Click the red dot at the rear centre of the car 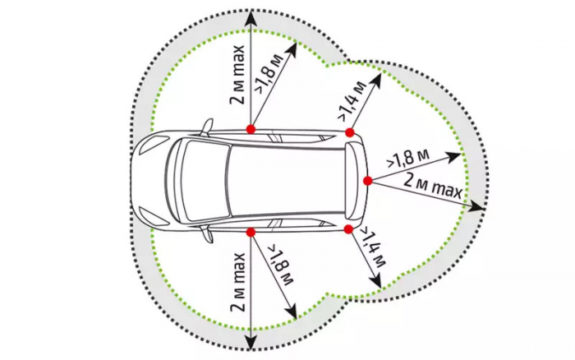coord(368,181)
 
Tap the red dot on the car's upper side coord(251,129)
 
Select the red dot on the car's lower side coord(251,232)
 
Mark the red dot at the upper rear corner coord(349,132)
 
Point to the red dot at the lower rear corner coord(348,229)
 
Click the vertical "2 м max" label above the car coord(237,76)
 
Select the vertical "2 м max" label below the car coord(237,282)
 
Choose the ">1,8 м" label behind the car coord(407,158)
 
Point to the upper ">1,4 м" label coord(352,100)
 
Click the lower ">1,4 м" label coord(374,247)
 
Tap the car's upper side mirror coord(207,127)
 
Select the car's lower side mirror coord(206,233)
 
